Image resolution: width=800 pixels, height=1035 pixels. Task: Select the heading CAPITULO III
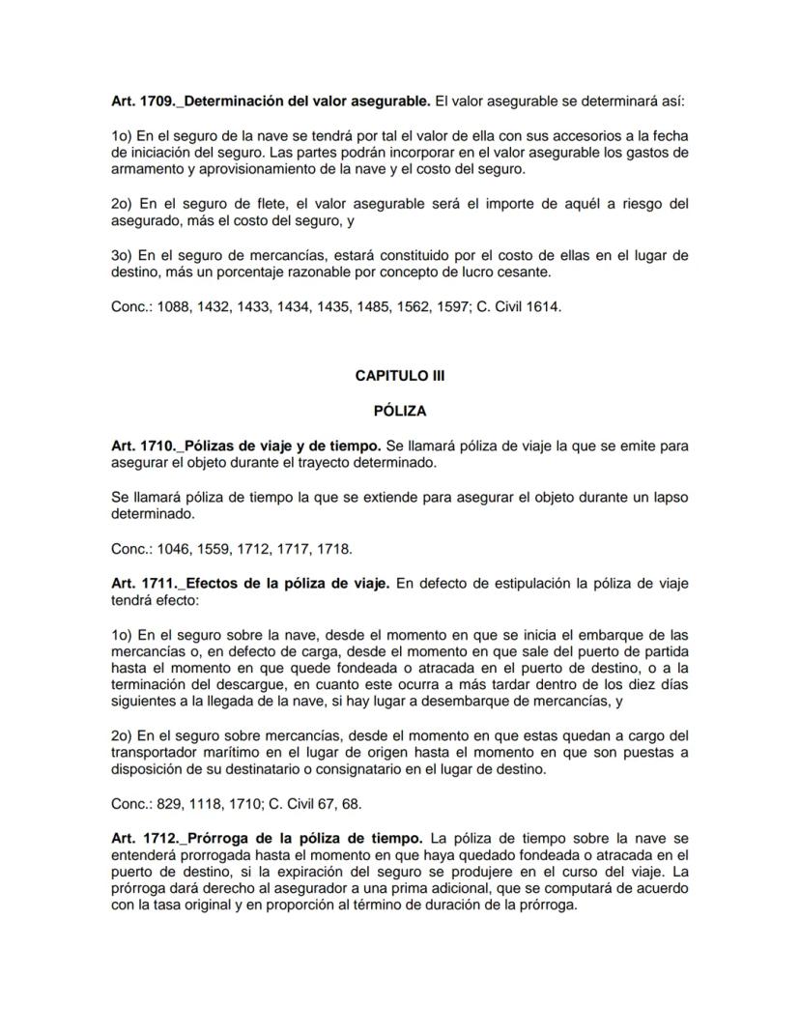click(399, 376)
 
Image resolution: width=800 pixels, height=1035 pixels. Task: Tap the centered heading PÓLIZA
click(399, 411)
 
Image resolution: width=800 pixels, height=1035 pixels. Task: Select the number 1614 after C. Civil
click(543, 307)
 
